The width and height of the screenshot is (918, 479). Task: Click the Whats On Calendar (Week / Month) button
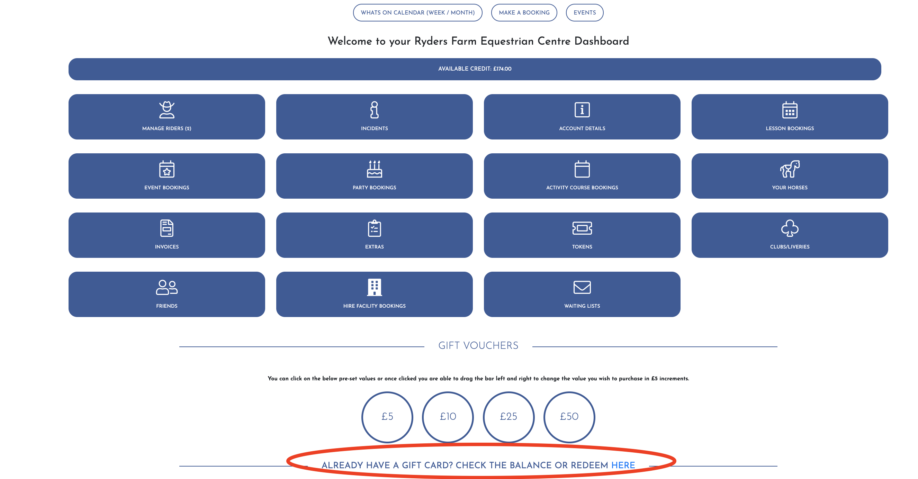[x=417, y=12]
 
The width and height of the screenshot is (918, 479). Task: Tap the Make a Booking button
[x=524, y=12]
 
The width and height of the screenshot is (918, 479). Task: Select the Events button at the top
[x=584, y=12]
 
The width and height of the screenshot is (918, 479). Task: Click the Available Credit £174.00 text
[x=475, y=69]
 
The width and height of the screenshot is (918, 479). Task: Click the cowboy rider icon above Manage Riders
[x=167, y=109]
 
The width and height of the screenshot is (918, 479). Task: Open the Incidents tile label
[x=374, y=128]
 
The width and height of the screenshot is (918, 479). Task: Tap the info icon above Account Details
[x=582, y=109]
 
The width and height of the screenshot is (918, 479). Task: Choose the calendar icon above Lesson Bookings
[x=790, y=109]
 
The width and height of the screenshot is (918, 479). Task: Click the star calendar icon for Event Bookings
[x=167, y=169]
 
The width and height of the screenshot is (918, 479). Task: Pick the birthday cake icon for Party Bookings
[x=374, y=169]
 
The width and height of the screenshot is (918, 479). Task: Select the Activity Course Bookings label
[x=582, y=188]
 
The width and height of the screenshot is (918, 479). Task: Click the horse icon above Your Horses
[x=790, y=169]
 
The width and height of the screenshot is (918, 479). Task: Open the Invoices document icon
[x=167, y=228]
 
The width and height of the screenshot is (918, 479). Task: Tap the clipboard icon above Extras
[x=374, y=228]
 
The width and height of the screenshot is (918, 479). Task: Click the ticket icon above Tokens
[x=582, y=228]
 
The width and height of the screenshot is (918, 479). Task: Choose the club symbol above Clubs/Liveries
[x=790, y=228]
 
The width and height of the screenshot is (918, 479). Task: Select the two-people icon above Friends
[x=167, y=287]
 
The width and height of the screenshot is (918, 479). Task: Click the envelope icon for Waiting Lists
[x=582, y=287]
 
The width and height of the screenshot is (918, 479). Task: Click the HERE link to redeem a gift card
[x=623, y=465]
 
